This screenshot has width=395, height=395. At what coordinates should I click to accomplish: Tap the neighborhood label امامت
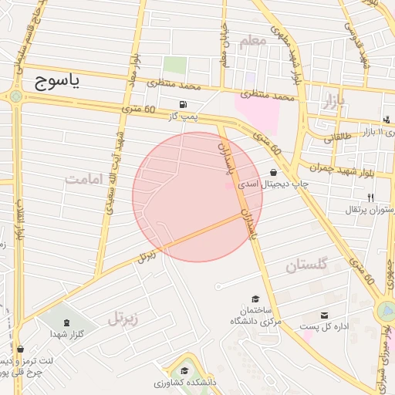click(85, 180)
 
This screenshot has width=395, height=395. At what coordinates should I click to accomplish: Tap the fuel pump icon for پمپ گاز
click(182, 105)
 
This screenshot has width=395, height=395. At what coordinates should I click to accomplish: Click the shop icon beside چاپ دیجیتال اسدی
click(275, 173)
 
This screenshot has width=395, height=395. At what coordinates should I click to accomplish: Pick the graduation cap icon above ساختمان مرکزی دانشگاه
click(255, 299)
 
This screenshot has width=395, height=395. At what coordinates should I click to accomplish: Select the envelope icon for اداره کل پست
click(325, 315)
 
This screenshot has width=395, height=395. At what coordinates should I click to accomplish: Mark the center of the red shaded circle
click(197, 197)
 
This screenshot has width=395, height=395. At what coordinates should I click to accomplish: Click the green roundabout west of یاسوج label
click(15, 96)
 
